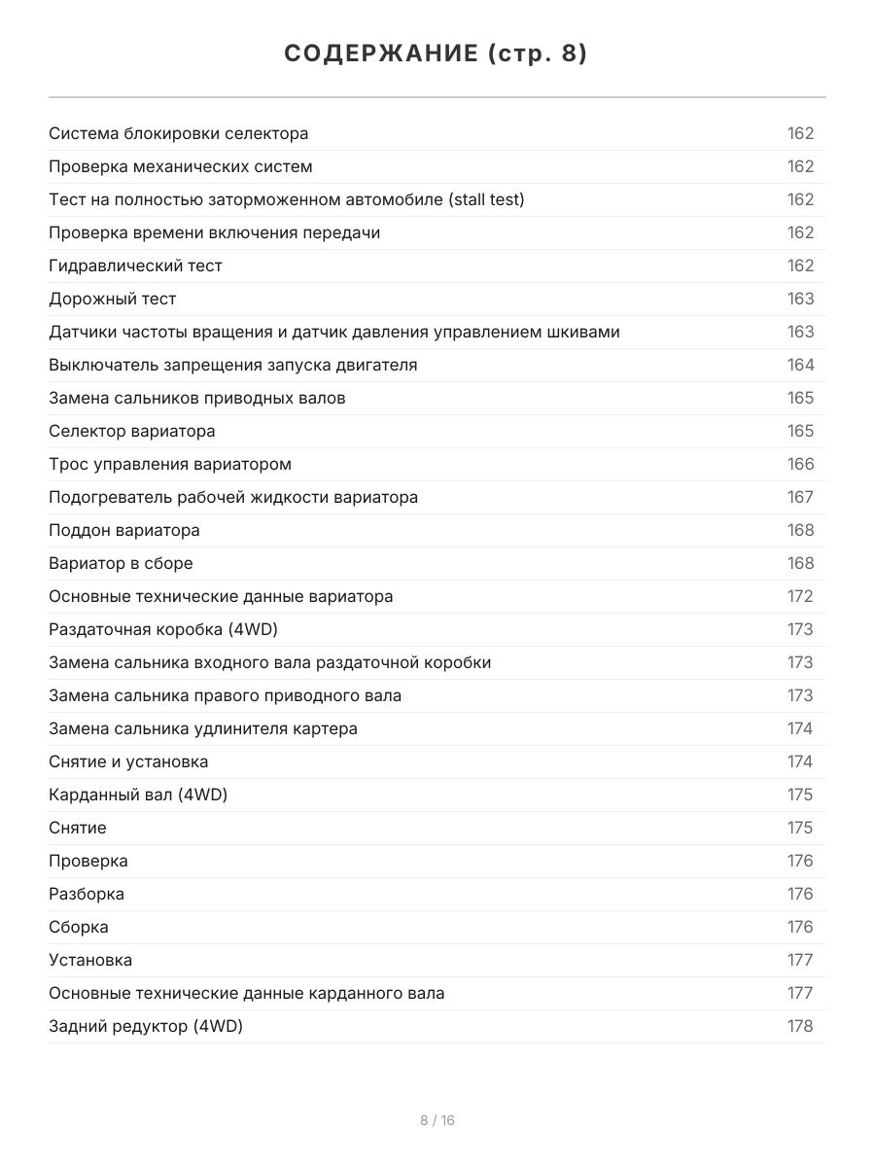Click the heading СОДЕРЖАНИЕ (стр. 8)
pos(437,54)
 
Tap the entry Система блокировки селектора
pos(178,133)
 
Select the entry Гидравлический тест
pos(135,265)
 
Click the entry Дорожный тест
pos(112,299)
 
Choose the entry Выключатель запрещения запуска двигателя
pos(232,365)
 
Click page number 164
pos(800,365)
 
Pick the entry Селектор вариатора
pos(131,431)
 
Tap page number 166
pos(800,464)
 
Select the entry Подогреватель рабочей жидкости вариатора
pos(233,497)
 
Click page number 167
pos(800,497)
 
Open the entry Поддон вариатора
pos(124,530)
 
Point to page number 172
pos(800,596)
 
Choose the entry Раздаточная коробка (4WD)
pos(163,629)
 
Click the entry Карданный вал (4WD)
pos(138,795)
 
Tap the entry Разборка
pos(87,894)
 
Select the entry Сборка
pos(79,927)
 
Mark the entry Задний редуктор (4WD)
pos(146,1026)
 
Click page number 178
pos(800,1026)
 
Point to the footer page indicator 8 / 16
pos(437,1120)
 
